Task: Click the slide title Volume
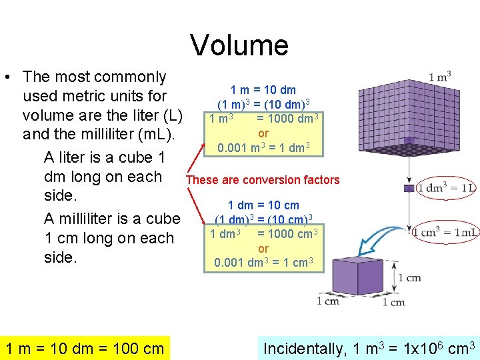239,45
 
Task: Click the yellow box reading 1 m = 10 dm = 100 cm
85,348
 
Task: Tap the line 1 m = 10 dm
263,90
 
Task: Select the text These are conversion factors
263,180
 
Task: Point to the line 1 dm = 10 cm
263,205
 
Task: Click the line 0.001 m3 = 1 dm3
263,147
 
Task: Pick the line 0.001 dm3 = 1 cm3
263,263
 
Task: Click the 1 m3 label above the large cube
440,77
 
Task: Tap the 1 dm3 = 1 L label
447,188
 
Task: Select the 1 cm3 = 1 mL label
445,232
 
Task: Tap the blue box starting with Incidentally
369,348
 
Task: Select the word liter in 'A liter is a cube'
78,158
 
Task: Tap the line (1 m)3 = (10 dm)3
263,105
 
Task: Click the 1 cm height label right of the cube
409,277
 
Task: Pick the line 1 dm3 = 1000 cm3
263,234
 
